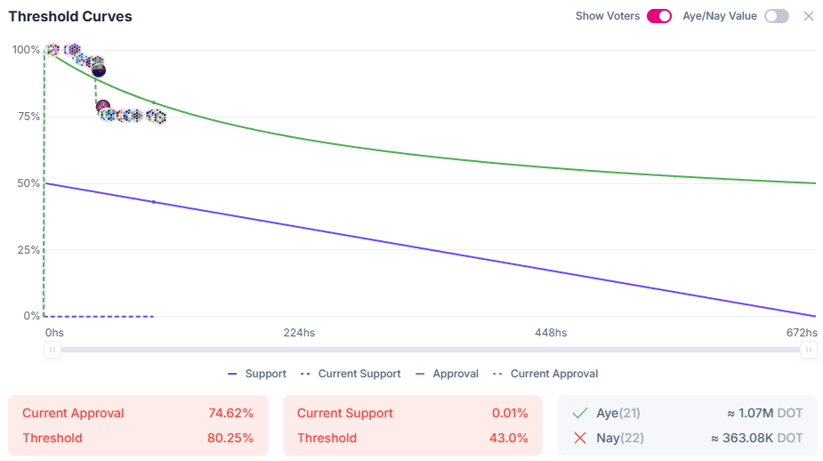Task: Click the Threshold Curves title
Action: (x=70, y=17)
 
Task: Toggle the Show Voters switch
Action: (x=659, y=16)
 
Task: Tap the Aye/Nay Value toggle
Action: (x=776, y=16)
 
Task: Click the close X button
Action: (x=809, y=16)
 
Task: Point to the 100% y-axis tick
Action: (x=26, y=50)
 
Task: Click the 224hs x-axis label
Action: (x=299, y=333)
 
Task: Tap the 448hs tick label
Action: (x=551, y=333)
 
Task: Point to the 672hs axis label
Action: (x=802, y=333)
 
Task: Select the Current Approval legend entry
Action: (x=545, y=374)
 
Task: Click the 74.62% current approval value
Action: (x=230, y=413)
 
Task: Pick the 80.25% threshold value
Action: (x=230, y=438)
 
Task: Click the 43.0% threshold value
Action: (x=511, y=438)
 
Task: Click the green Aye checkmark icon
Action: (x=581, y=413)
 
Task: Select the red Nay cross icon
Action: (x=581, y=438)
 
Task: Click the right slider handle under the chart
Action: (x=809, y=350)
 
